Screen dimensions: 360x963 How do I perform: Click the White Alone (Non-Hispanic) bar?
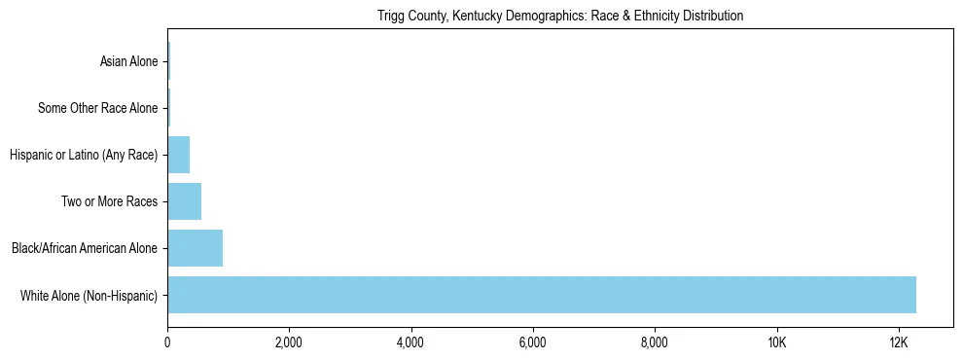(x=542, y=295)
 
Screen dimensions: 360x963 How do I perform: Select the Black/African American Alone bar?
(x=195, y=248)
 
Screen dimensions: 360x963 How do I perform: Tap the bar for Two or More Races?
(x=184, y=201)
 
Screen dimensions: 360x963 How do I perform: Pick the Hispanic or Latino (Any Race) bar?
(x=178, y=155)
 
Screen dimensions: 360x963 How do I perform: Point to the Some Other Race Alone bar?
(x=168, y=108)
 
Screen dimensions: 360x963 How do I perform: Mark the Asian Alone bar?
(x=168, y=61)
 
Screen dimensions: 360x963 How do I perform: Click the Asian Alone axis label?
(x=128, y=61)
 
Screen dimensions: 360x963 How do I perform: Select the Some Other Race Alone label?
(x=97, y=108)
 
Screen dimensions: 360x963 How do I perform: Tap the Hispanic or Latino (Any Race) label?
(x=83, y=155)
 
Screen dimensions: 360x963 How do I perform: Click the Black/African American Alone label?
(x=84, y=248)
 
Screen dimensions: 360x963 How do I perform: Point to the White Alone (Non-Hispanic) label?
(x=89, y=295)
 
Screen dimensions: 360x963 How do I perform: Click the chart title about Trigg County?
(x=559, y=16)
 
